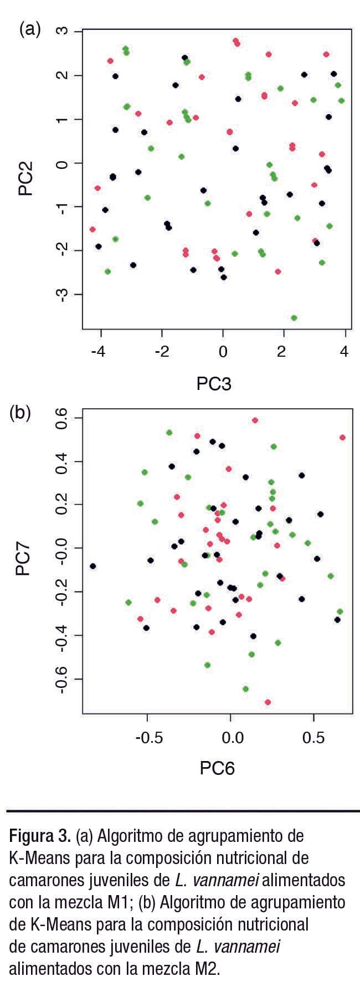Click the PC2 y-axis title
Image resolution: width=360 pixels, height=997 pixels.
(25, 178)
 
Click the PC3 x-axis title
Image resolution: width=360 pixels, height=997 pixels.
(214, 383)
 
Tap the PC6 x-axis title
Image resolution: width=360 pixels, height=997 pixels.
(218, 768)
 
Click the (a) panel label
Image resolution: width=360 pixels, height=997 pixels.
(30, 29)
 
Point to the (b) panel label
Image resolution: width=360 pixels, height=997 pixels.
(20, 413)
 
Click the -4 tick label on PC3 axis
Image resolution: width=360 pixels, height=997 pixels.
(98, 352)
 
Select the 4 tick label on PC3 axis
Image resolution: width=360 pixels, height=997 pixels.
(344, 352)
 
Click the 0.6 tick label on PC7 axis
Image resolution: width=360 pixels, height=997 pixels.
(61, 419)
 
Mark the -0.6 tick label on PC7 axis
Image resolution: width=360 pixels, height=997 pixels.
(61, 679)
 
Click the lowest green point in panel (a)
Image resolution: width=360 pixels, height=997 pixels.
(294, 318)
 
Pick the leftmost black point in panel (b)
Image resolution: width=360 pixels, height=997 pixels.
(93, 566)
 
